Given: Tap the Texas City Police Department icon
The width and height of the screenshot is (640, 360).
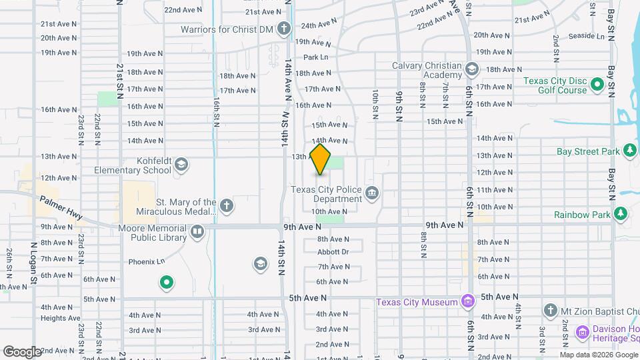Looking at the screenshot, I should click(372, 194).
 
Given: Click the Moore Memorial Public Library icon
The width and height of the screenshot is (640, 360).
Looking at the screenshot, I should click(197, 232).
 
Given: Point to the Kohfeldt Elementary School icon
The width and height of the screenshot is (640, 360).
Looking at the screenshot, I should click(181, 165).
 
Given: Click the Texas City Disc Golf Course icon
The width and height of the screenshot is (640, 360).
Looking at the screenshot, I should click(597, 85).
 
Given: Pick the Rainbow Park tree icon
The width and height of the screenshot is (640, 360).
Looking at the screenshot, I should click(621, 214).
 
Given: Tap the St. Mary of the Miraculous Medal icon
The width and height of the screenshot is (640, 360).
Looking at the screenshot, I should click(227, 205).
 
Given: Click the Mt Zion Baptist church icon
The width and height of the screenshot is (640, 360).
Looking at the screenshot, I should click(550, 309).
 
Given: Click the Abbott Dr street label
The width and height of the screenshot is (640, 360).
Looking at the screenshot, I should click(333, 252).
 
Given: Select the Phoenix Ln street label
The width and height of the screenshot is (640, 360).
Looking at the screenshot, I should click(146, 261).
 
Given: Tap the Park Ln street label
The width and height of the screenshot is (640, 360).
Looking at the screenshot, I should click(315, 57).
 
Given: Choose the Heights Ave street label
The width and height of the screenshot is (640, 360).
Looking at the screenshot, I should click(60, 318).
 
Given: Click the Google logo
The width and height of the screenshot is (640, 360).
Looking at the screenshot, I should click(22, 351).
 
